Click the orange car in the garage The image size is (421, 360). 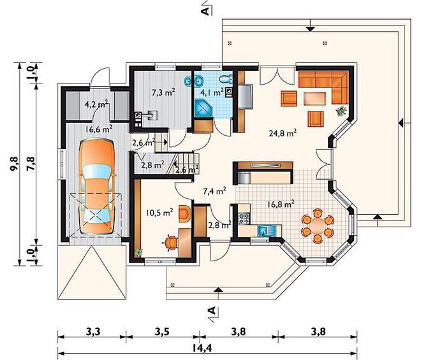pyautogui.click(x=97, y=187)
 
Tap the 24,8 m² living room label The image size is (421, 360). pyautogui.click(x=283, y=133)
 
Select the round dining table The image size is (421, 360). pyautogui.click(x=318, y=226)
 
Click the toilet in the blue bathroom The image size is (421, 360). pyautogui.click(x=225, y=79)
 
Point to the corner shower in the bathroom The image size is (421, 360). pyautogui.click(x=203, y=108)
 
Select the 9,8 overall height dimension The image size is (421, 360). pyautogui.click(x=15, y=163)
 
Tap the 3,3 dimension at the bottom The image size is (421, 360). pyautogui.click(x=93, y=332)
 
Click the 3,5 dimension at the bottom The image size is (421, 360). pyautogui.click(x=162, y=332)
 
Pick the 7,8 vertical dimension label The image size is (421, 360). pyautogui.click(x=31, y=163)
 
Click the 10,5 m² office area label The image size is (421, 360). pyautogui.click(x=159, y=213)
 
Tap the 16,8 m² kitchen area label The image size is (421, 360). pyautogui.click(x=281, y=204)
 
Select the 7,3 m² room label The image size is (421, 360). pyautogui.click(x=163, y=93)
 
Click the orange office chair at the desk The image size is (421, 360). pyautogui.click(x=171, y=243)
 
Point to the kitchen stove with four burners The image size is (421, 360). pyautogui.click(x=244, y=217)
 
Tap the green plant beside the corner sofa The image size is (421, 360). pyautogui.click(x=341, y=111)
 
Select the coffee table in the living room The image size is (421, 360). pyautogui.click(x=314, y=99)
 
